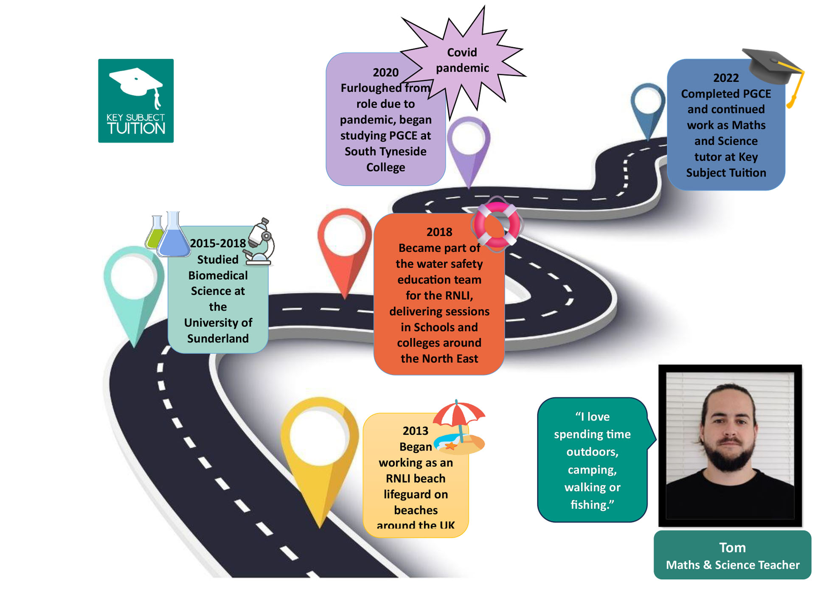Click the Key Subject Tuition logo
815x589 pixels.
(136, 101)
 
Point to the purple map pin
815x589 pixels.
(469, 144)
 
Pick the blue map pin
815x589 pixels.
(647, 106)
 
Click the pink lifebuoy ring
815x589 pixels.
(497, 224)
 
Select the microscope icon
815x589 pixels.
(260, 242)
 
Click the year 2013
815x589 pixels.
(415, 431)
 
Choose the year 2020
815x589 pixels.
(385, 73)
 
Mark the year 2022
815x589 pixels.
(726, 78)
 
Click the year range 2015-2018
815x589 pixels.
(218, 243)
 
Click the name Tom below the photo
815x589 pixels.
(732, 547)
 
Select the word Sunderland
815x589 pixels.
(218, 339)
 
